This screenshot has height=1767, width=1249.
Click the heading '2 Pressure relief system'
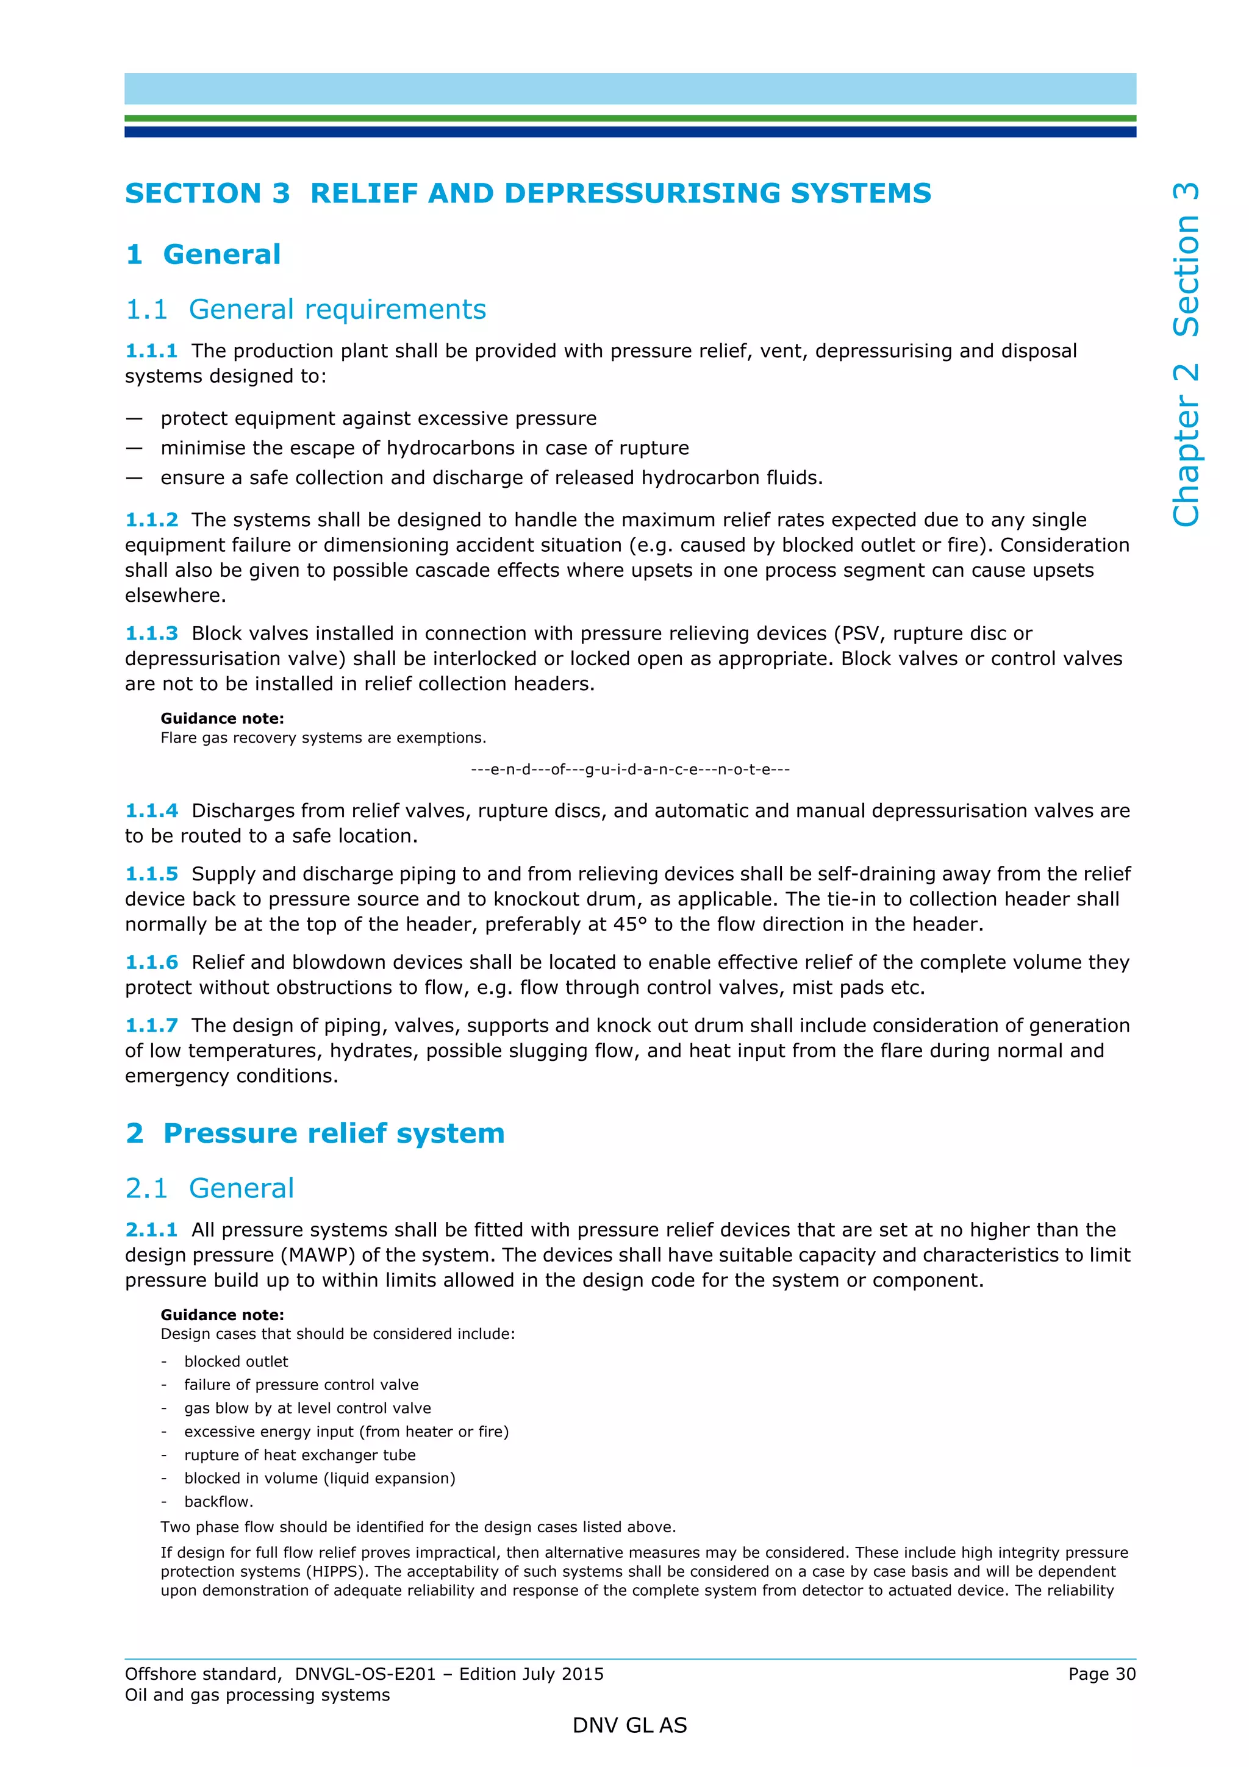[315, 1133]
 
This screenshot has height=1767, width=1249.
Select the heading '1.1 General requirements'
[306, 309]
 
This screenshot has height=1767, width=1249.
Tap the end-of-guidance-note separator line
[629, 769]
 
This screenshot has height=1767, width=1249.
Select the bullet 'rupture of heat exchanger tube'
[299, 1455]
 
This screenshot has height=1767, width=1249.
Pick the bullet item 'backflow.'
[218, 1502]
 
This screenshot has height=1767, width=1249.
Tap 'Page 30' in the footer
[1101, 1674]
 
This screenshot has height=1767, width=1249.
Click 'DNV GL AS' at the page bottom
[629, 1726]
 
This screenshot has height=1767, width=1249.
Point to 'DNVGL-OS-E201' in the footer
[365, 1674]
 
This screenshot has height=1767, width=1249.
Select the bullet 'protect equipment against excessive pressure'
[378, 419]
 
